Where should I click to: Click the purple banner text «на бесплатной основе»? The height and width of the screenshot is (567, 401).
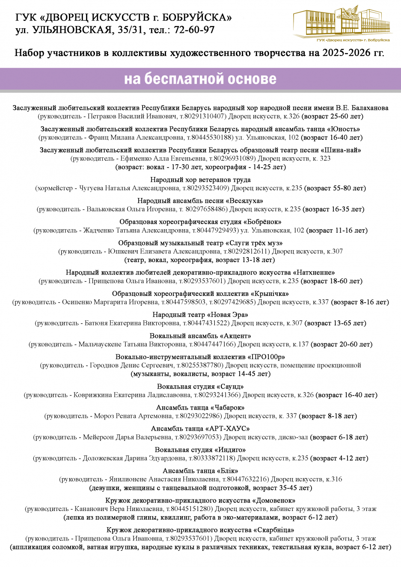[200, 79]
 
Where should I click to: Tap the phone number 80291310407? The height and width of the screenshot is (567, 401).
[205, 116]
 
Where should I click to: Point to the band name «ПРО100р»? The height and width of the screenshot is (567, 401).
[266, 357]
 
